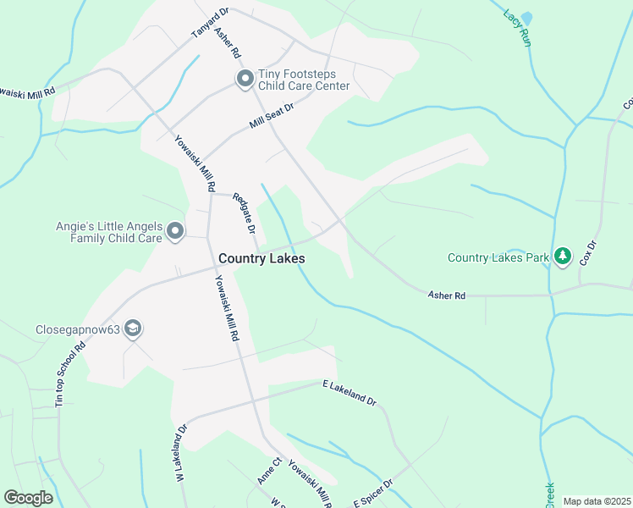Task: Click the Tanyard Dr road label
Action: pos(210,24)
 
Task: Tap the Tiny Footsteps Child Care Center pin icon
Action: pos(245,80)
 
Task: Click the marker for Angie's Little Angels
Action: pos(175,231)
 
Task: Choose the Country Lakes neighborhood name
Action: pos(261,258)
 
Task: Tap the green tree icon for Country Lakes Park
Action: pos(564,257)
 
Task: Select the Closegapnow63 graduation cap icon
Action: pos(133,329)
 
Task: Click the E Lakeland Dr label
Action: pos(349,392)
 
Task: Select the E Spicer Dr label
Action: pos(373,494)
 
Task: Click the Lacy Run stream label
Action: pos(516,27)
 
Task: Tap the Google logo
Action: pos(29,498)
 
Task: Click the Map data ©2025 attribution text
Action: pos(597,501)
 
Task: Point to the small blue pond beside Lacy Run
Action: pos(527,18)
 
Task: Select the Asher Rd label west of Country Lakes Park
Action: pos(447,295)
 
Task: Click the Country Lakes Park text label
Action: pos(499,257)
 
